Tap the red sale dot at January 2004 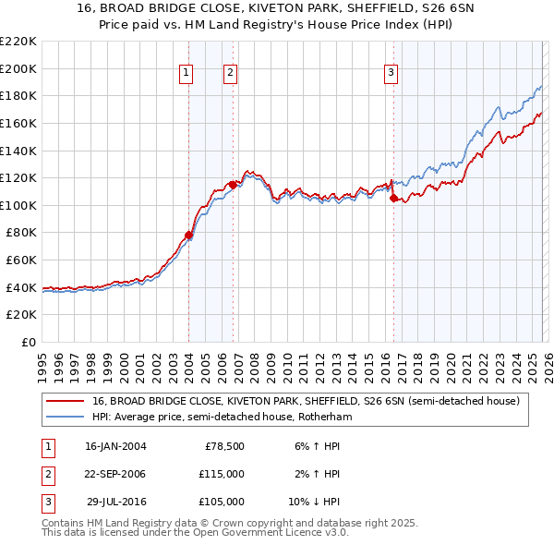188,235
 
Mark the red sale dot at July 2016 393,199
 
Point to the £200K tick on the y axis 18,68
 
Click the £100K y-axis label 18,205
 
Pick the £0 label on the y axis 28,342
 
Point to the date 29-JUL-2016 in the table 115,502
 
